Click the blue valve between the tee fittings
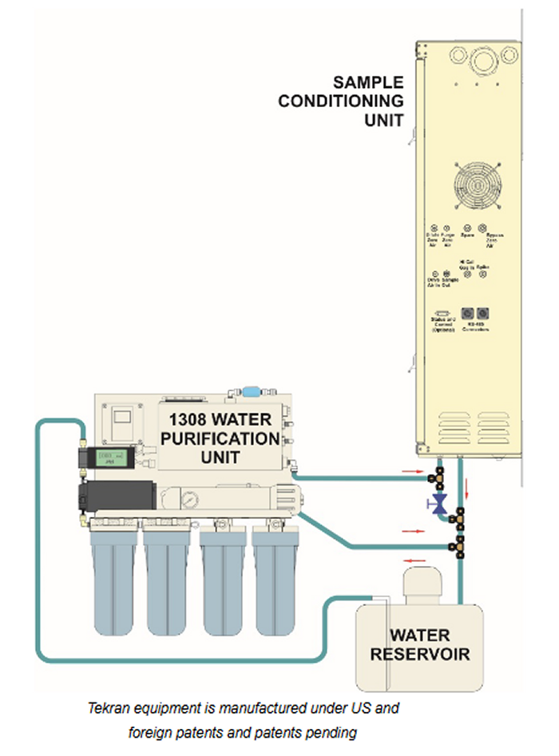(437, 503)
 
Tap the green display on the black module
(101, 458)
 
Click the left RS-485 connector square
(469, 315)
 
